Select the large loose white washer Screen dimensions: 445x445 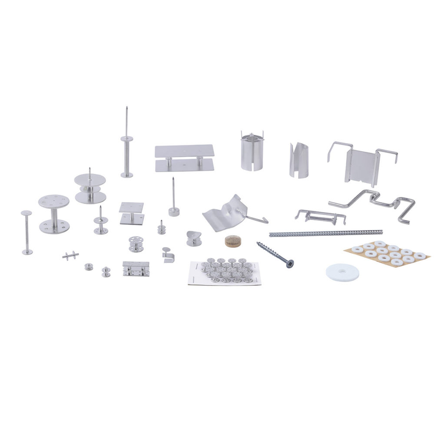click(342, 272)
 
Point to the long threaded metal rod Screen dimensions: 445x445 click(325, 233)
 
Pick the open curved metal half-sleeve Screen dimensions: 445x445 click(299, 160)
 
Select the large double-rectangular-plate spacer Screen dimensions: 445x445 click(184, 158)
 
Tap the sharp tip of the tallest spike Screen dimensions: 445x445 click(126, 107)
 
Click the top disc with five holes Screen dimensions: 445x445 click(54, 201)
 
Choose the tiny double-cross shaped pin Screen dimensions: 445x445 click(70, 256)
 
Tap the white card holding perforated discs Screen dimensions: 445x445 click(225, 272)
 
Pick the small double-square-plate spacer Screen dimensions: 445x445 click(132, 213)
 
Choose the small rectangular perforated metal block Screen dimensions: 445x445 click(136, 269)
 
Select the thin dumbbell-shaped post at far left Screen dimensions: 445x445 click(27, 232)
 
